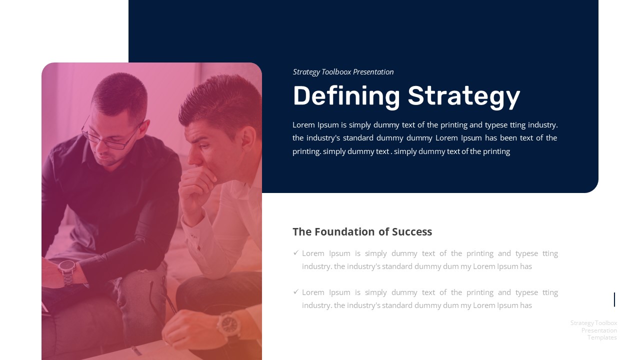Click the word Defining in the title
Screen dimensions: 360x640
[346, 96]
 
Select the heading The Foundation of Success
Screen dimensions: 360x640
[362, 231]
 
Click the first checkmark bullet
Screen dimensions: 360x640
[296, 253]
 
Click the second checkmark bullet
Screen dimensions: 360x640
[296, 292]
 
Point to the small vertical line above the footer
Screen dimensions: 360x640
[614, 299]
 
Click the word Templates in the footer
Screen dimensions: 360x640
[602, 337]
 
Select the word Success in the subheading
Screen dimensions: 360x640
[412, 231]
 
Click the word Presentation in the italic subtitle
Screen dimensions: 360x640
[373, 72]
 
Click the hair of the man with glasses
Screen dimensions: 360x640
[120, 90]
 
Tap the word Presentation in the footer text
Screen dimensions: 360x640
[599, 330]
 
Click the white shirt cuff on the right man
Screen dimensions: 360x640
[195, 235]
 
